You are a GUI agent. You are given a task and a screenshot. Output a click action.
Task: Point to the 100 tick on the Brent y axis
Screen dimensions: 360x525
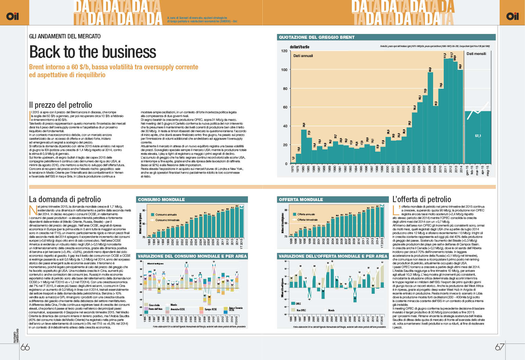[x=284, y=70]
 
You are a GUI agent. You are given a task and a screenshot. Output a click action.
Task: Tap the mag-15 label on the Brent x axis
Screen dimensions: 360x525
[x=488, y=170]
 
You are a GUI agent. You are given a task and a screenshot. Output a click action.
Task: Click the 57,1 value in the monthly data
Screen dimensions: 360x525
[x=478, y=136]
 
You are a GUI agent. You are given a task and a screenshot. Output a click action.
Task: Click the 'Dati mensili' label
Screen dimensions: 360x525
[x=476, y=54]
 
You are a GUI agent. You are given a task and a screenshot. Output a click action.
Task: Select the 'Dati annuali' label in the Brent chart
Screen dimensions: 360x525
[x=303, y=56]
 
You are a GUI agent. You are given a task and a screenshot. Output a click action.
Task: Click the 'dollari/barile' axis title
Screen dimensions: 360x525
[x=299, y=47]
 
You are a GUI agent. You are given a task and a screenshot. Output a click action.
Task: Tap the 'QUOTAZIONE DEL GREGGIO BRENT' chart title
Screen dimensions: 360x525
[x=317, y=37]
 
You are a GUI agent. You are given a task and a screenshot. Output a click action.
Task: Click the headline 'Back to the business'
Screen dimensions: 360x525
[x=93, y=52]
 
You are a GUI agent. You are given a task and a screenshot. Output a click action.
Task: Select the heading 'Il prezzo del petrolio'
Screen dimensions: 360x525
[x=61, y=105]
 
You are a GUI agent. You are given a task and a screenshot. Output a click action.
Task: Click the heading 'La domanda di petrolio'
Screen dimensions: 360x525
[x=65, y=199]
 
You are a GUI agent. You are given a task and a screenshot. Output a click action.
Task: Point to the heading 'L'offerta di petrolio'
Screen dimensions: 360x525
[x=421, y=199]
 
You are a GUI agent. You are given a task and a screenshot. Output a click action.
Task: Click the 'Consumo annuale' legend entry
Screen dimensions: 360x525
[x=166, y=214]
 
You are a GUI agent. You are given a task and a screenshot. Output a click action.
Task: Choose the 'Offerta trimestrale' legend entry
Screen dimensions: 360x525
[x=307, y=220]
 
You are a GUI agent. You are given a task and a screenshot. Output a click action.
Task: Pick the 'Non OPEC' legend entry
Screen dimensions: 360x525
[x=301, y=310]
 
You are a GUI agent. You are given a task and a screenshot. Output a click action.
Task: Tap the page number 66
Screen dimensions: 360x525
[x=25, y=347]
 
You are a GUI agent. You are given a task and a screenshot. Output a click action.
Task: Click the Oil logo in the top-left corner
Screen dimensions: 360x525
[x=12, y=16]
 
